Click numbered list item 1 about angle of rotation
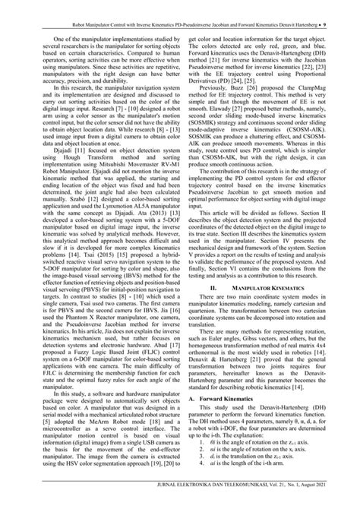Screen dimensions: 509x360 pos(258,464)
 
